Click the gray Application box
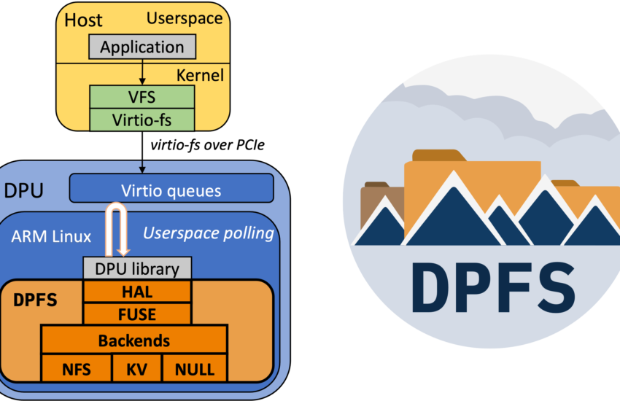[142, 47]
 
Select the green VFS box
[142, 97]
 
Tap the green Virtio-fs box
[142, 120]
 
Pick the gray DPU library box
[137, 268]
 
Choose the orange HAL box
[137, 292]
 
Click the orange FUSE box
[137, 314]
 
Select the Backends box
[134, 339]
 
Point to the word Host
[83, 20]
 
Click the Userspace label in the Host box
[185, 18]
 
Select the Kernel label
[200, 75]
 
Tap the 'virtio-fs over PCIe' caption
[208, 145]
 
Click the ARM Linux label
[51, 236]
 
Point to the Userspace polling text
[209, 233]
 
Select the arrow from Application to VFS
[142, 72]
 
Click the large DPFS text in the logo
[494, 287]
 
